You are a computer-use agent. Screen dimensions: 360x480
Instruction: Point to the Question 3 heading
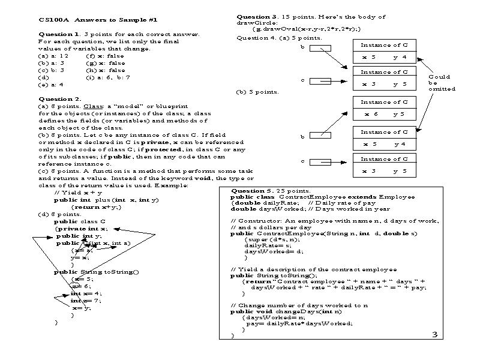point(257,17)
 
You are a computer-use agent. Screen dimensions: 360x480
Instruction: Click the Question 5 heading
point(252,190)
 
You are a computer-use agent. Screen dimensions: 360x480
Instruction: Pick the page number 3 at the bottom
point(435,335)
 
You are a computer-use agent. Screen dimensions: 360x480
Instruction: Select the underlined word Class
point(92,106)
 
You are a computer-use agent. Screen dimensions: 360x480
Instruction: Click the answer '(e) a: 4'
point(51,84)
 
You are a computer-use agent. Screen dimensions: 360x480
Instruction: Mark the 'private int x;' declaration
point(82,229)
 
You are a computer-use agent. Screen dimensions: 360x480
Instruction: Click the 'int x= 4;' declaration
point(86,293)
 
